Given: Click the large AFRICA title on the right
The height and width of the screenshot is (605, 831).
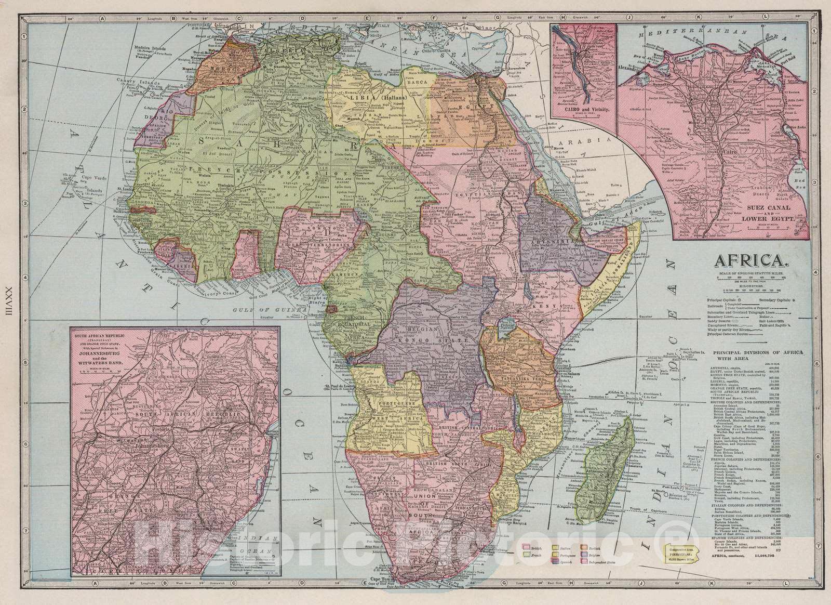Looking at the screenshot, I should pyautogui.click(x=751, y=259).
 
